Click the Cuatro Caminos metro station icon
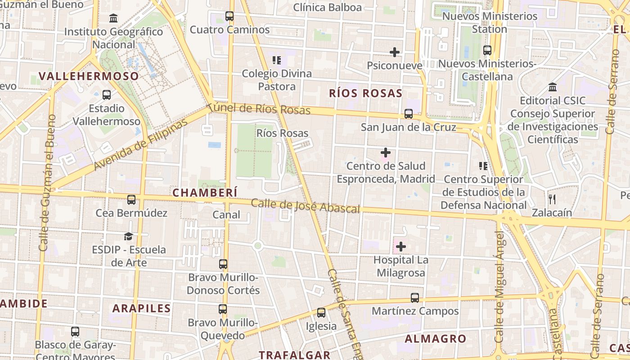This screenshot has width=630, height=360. click(x=229, y=17)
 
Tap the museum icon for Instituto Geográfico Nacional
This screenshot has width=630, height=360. click(x=113, y=18)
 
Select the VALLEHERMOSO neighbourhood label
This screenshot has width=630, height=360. click(x=89, y=76)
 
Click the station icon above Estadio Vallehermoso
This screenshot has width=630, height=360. click(x=107, y=95)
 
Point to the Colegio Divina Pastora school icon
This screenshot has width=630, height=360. click(x=277, y=60)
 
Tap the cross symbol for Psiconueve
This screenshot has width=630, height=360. click(x=395, y=52)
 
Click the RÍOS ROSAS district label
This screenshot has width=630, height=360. click(x=365, y=94)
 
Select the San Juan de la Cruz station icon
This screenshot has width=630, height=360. click(x=409, y=114)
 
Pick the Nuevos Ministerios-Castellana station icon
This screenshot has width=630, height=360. click(x=487, y=50)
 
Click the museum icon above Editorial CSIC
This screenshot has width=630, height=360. click(x=553, y=87)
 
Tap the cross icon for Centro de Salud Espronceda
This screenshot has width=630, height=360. click(x=386, y=153)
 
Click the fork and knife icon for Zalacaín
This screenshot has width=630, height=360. click(x=552, y=199)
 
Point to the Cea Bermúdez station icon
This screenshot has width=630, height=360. click(x=131, y=199)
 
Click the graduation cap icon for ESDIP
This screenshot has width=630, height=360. click(x=129, y=236)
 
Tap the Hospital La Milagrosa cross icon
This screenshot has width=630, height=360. click(x=401, y=247)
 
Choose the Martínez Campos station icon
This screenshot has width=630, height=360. click(x=415, y=297)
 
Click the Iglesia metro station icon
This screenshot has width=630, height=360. click(x=321, y=312)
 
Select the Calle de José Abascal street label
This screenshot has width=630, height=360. click(x=306, y=206)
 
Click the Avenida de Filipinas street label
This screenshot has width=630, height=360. click(x=140, y=145)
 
